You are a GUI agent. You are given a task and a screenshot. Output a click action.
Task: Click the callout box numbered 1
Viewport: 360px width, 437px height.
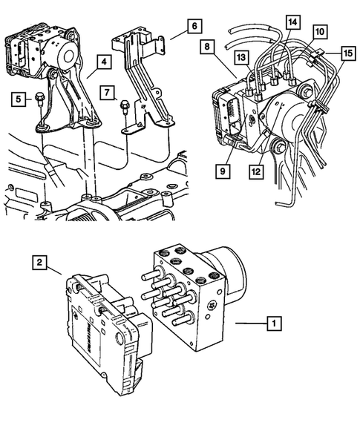[x=274, y=323]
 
